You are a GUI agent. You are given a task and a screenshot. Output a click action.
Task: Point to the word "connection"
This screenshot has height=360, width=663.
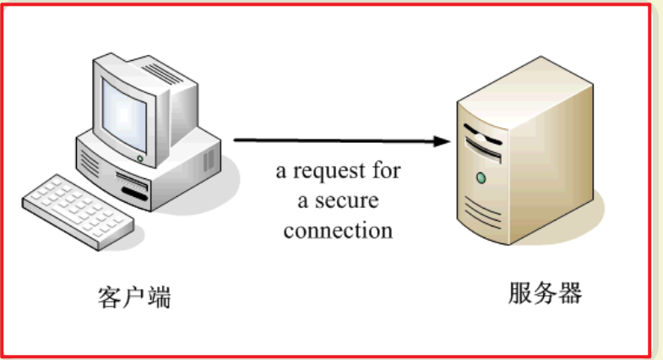[338, 230]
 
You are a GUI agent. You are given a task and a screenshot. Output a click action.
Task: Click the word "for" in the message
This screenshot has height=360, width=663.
[384, 172]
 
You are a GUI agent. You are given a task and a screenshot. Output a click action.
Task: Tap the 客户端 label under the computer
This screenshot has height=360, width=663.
[135, 297]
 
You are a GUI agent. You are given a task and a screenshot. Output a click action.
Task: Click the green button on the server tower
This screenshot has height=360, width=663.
[481, 178]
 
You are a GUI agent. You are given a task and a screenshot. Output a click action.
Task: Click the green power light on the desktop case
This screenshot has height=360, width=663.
[140, 159]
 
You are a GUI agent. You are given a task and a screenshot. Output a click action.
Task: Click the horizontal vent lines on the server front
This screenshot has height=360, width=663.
[481, 210]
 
